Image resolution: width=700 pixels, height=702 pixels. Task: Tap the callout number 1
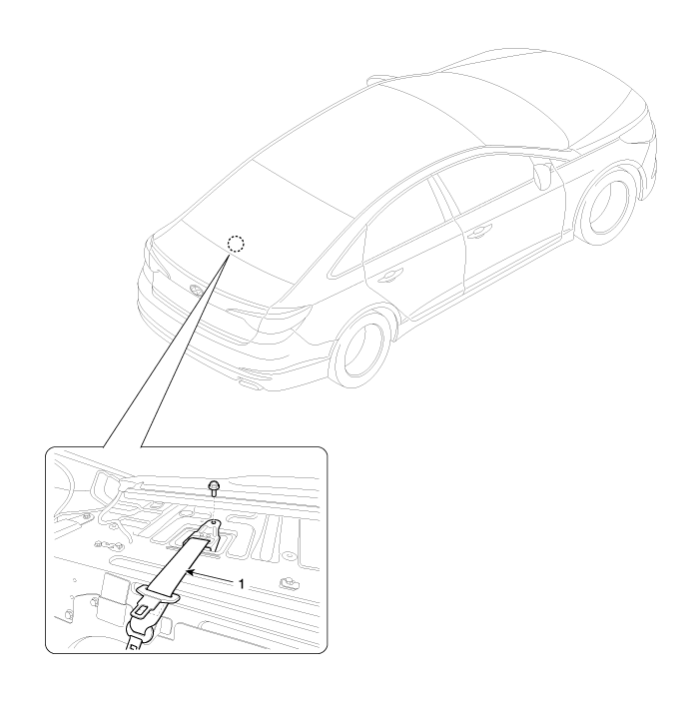(x=241, y=584)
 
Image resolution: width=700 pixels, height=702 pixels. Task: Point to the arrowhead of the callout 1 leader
(x=189, y=572)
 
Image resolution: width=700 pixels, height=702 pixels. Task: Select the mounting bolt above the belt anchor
(x=213, y=487)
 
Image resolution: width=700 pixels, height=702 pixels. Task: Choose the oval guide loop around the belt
(x=157, y=594)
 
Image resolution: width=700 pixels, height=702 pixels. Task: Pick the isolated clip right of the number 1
(x=289, y=582)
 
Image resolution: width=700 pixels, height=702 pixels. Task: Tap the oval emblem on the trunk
(x=196, y=291)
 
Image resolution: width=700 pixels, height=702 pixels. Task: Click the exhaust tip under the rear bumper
(x=251, y=383)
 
